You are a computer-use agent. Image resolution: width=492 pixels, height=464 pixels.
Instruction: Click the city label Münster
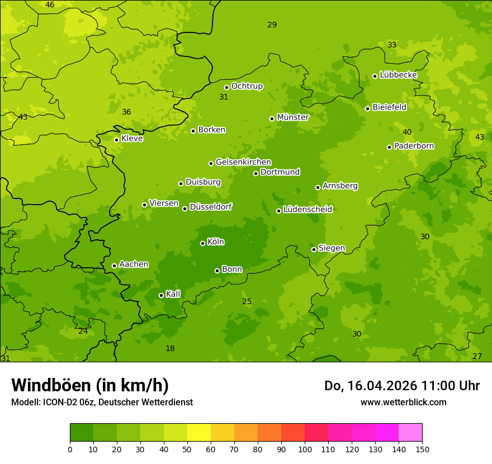[293, 117]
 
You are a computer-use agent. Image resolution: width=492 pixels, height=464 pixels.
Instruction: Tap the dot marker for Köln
[202, 243]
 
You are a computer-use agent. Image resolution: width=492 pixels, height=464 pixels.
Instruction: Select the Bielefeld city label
[389, 107]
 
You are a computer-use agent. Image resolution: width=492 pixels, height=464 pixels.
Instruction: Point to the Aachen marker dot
[114, 266]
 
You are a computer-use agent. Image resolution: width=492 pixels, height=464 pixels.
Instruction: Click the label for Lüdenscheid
[307, 210]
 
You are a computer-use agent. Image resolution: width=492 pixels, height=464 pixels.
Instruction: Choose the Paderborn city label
[414, 146]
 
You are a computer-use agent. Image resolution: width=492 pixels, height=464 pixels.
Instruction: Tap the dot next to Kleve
[116, 140]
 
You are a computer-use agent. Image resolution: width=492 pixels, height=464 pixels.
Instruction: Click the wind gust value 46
[50, 5]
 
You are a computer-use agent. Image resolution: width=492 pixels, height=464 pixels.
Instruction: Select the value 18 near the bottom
[170, 349]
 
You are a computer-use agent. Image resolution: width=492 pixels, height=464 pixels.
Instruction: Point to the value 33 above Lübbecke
[392, 45]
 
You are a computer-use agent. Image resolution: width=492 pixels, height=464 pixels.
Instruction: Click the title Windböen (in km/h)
[90, 385]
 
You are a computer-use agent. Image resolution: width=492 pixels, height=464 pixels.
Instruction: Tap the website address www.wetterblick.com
[403, 402]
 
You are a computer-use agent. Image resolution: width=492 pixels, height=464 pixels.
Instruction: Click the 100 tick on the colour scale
[305, 449]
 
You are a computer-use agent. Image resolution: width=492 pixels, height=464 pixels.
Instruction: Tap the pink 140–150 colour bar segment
[410, 432]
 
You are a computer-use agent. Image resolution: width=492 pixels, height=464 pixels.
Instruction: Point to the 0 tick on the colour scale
[70, 449]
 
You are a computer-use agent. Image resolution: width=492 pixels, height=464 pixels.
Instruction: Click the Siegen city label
[332, 248]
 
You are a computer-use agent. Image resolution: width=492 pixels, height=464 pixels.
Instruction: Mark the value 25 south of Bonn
[247, 302]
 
